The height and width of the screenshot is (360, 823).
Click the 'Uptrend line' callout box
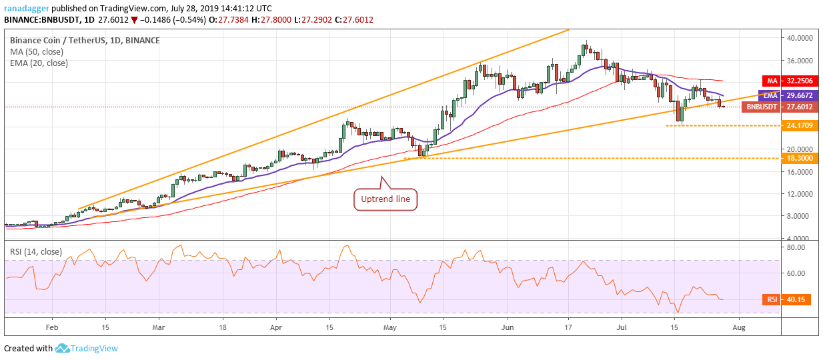click(385, 199)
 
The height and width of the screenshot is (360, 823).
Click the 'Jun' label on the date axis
click(508, 328)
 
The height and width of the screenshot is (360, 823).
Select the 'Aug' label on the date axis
click(738, 328)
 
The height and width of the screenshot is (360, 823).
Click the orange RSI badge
click(772, 299)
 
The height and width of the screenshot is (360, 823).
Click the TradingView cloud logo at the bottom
click(63, 348)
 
